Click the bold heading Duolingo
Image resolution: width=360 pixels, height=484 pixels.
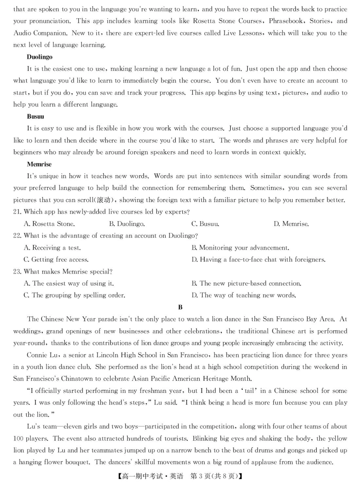pyautogui.click(x=39, y=57)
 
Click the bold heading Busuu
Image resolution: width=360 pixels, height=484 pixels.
pyautogui.click(x=35, y=116)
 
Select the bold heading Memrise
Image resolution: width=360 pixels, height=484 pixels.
pyautogui.click(x=39, y=164)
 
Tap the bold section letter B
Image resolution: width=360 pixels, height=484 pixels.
pyautogui.click(x=180, y=307)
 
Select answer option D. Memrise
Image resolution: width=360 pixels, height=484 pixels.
pyautogui.click(x=291, y=224)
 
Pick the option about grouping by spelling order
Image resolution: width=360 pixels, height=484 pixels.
pyautogui.click(x=74, y=295)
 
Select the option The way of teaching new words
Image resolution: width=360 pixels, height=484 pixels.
pyautogui.click(x=244, y=295)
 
